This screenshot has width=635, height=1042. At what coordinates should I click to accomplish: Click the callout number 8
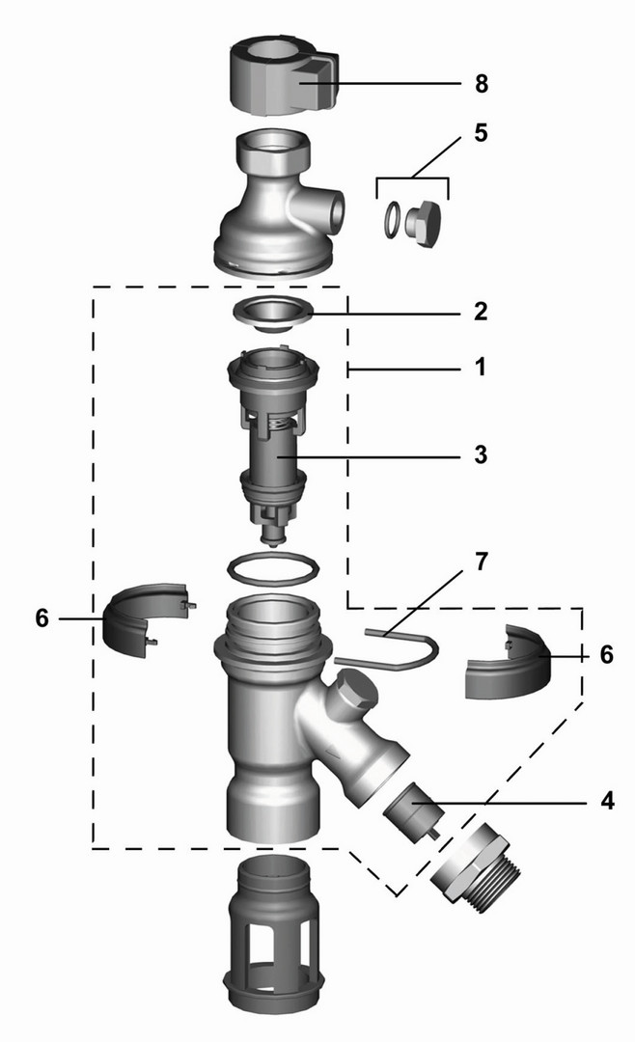click(482, 84)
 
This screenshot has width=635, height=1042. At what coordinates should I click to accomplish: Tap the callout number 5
click(481, 132)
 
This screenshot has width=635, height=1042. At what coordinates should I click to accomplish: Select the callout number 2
click(481, 311)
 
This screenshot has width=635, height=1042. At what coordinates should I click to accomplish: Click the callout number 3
click(481, 454)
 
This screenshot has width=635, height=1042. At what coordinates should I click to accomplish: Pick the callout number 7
click(481, 562)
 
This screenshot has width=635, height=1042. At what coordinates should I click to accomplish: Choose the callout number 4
click(607, 801)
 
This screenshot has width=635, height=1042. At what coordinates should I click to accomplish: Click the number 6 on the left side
click(41, 618)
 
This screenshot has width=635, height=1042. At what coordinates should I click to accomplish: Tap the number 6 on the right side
click(606, 654)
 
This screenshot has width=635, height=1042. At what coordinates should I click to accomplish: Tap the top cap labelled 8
click(283, 76)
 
